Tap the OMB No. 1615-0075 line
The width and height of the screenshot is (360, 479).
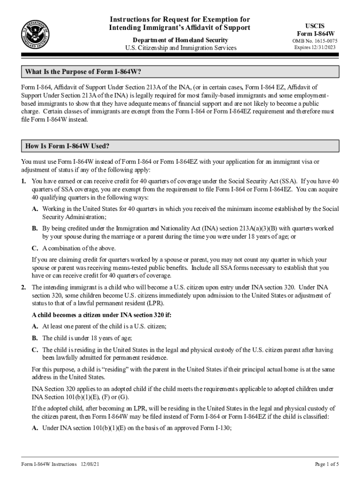click(315, 41)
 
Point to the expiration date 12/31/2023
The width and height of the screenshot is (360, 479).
click(325, 48)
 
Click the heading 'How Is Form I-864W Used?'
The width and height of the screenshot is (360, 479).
click(67, 146)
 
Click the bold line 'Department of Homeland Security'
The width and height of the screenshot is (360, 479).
click(180, 39)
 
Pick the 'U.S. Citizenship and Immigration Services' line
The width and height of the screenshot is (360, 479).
click(180, 48)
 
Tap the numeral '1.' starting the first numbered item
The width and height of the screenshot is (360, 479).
click(23, 181)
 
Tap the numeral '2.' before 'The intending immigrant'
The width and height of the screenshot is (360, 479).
click(23, 287)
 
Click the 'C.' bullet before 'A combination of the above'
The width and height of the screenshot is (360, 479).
click(35, 248)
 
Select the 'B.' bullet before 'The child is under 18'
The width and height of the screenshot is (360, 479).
click(35, 338)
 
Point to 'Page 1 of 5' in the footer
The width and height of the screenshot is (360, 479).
click(326, 464)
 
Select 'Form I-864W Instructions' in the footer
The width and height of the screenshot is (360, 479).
click(49, 464)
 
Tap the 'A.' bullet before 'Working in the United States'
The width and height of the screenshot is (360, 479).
click(35, 209)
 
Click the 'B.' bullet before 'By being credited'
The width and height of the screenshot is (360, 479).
click(35, 228)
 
